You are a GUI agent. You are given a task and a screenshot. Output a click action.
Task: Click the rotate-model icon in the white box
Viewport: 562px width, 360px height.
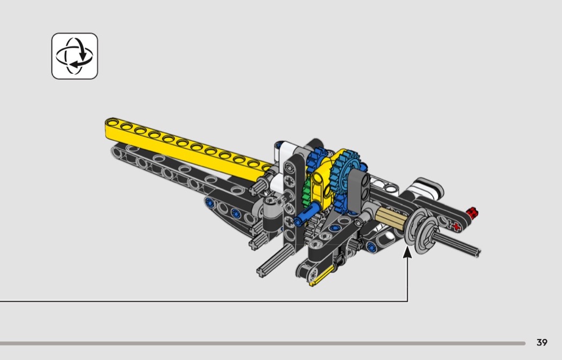pos(74,56)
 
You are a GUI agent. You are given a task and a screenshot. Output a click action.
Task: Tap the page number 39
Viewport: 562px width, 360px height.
pos(542,342)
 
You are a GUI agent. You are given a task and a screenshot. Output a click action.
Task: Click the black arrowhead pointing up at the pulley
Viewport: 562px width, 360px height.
pos(407,252)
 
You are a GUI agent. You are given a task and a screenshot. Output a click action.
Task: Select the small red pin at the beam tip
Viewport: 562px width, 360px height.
pos(473,213)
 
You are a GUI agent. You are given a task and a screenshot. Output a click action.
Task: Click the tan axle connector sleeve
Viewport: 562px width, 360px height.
pos(391,217)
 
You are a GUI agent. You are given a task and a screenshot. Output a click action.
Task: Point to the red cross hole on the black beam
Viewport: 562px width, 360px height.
pos(456,226)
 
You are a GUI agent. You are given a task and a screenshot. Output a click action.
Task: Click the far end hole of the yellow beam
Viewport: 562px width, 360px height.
pos(113,123)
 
